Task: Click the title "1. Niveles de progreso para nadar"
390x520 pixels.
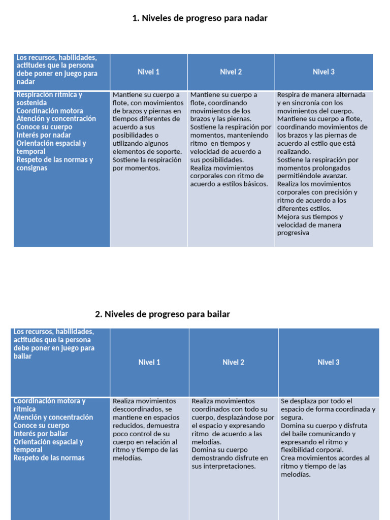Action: pos(200,18)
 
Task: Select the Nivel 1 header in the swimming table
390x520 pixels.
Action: pos(148,72)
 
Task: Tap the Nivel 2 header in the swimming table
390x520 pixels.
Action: pos(231,72)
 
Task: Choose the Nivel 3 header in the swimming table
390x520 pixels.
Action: pos(323,72)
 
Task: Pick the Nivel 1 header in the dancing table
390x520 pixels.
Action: pos(149,363)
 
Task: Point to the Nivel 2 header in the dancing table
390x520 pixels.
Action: pos(233,363)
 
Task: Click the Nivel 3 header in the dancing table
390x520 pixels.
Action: pos(328,363)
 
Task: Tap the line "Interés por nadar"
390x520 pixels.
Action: pos(44,135)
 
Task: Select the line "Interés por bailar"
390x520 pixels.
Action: pos(41,434)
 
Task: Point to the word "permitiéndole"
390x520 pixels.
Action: pos(299,176)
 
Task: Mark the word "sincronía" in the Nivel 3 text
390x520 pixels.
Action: pos(312,103)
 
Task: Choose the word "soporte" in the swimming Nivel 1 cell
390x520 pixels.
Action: pos(169,152)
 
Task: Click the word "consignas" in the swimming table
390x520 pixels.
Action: pos(31,168)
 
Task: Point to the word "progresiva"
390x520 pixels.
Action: pos(293,233)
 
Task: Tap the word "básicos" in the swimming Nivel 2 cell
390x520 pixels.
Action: pos(255,184)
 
